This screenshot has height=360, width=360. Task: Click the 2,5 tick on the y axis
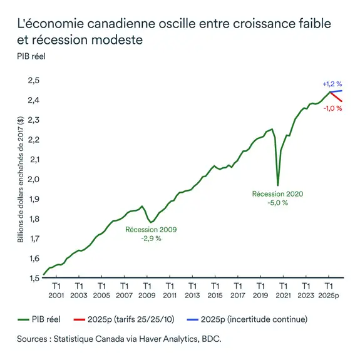[32, 80]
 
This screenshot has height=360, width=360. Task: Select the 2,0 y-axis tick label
[32, 179]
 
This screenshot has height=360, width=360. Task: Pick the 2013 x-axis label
[192, 295]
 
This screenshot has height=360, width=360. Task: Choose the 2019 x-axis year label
[260, 295]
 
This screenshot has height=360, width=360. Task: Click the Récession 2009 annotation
[151, 230]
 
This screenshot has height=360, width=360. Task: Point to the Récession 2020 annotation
[277, 194]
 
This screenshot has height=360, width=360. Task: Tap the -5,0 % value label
[277, 203]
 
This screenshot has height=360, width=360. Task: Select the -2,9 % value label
[151, 239]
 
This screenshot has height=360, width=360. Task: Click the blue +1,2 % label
[332, 83]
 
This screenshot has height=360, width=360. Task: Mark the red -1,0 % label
[332, 108]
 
